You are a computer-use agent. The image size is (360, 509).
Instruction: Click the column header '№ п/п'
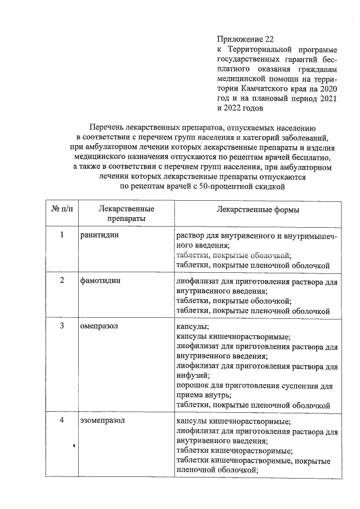(62, 209)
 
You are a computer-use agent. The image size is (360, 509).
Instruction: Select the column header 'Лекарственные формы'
(258, 209)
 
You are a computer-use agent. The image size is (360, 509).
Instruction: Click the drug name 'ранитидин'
(100, 235)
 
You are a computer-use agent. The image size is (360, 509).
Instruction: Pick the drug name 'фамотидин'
(100, 280)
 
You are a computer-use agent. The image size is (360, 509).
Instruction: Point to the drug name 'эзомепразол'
(102, 420)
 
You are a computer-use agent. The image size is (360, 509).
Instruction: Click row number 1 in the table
(62, 235)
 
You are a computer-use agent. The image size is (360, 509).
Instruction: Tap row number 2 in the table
(62, 280)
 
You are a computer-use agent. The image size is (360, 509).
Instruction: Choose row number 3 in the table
(62, 326)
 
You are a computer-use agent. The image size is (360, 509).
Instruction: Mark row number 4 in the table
(62, 420)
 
